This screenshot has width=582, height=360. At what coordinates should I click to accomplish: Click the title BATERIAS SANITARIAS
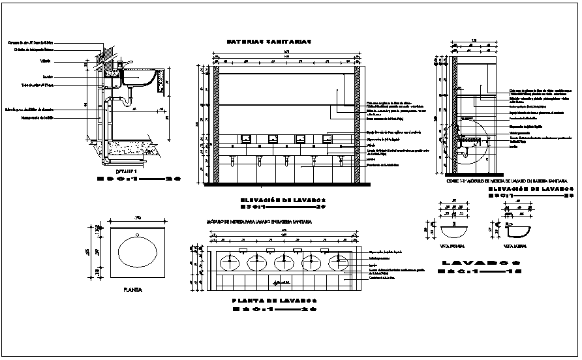pos(269,41)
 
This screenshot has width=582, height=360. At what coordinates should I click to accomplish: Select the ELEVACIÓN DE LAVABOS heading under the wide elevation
pos(283,201)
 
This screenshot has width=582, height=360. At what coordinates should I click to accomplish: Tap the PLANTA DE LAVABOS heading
pos(274,300)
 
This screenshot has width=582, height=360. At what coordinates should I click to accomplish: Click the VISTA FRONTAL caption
pos(453,247)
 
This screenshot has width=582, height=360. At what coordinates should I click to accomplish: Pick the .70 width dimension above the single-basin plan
pos(138,217)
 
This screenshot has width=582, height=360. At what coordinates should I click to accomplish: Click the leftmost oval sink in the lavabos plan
pos(230,262)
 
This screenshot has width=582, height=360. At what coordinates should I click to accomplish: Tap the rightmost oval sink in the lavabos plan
pos(338,262)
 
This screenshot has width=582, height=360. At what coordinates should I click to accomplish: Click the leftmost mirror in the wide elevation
pos(247,138)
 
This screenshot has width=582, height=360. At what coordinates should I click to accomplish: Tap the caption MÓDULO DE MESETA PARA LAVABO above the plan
pos(259,222)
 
